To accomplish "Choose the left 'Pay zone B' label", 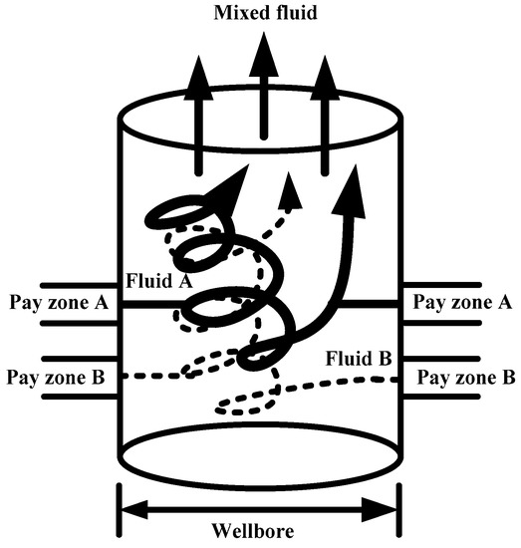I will (x=57, y=378).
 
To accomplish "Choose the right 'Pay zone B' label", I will (x=464, y=378).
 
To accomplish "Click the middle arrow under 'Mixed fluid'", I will (x=263, y=90).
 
